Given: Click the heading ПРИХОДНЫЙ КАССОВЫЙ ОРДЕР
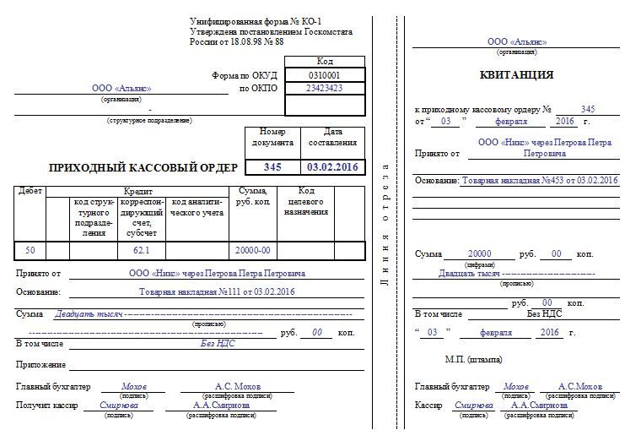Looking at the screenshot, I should (x=143, y=167).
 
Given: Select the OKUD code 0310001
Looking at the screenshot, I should (x=324, y=75).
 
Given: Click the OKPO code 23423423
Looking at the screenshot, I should (x=324, y=88).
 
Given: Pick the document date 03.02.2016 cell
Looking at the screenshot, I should (x=332, y=167).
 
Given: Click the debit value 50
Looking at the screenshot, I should (x=30, y=250).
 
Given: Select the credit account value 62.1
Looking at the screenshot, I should (x=141, y=250).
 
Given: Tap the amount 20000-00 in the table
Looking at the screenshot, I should (x=252, y=250).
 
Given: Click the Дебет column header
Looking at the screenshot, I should (x=30, y=191).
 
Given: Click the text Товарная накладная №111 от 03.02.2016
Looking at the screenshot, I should (x=217, y=292).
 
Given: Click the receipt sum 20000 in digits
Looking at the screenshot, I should (x=480, y=254).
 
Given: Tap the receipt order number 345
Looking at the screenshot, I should (x=588, y=110).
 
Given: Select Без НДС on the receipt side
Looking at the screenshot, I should (x=544, y=314).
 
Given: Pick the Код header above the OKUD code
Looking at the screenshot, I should (x=324, y=62).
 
